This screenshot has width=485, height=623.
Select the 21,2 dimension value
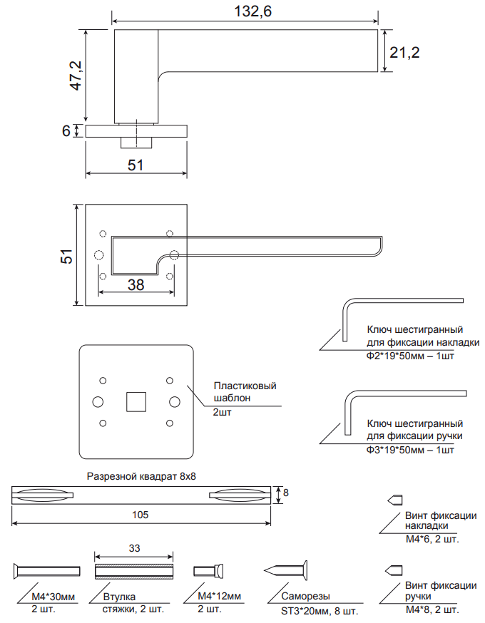pyautogui.click(x=403, y=52)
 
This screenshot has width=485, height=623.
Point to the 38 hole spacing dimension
pyautogui.click(x=136, y=284)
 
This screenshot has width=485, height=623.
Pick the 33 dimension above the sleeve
pyautogui.click(x=134, y=548)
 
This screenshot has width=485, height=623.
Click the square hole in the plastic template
pyautogui.click(x=136, y=401)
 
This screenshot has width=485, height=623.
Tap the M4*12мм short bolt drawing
pyautogui.click(x=210, y=570)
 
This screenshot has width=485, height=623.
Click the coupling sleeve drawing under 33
pyautogui.click(x=134, y=570)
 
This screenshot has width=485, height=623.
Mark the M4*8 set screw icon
pyautogui.click(x=395, y=570)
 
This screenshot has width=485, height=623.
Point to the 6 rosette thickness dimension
pyautogui.click(x=66, y=131)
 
